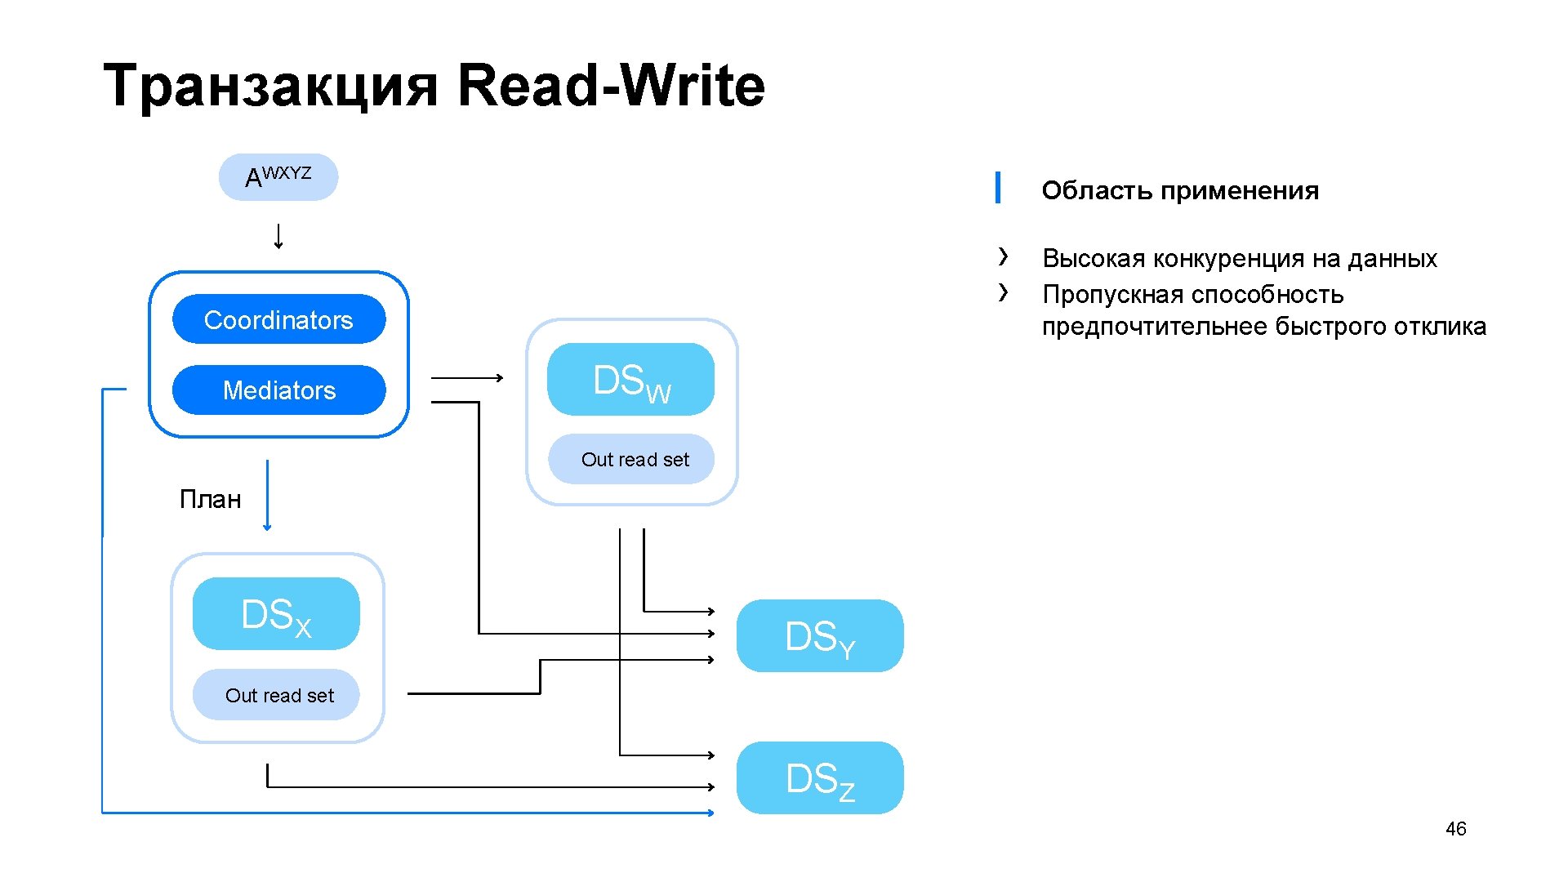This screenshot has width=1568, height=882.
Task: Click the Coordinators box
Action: coord(278,319)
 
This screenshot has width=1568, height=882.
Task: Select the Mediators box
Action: coord(278,390)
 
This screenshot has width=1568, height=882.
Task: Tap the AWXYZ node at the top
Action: coord(278,177)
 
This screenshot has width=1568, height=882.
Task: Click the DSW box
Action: coord(630,380)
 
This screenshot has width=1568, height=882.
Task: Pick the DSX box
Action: coord(276,614)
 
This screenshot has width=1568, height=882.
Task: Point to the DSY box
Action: coord(820,636)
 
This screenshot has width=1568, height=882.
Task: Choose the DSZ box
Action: coord(820,778)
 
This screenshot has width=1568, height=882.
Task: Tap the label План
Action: coord(210,499)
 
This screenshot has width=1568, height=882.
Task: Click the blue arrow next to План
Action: coord(267,495)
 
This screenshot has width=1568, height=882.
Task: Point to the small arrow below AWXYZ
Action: coord(278,236)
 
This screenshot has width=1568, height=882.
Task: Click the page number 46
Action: coord(1455,829)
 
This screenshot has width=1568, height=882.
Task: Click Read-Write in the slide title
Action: coord(611,86)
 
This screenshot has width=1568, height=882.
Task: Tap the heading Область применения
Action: coord(1180,190)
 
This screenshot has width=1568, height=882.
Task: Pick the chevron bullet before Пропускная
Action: coord(1003,292)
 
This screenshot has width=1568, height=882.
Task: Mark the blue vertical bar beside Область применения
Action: coord(998,188)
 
